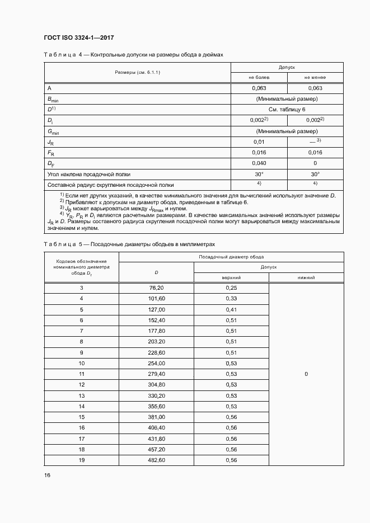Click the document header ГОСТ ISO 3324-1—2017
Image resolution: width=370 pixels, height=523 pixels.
tap(78, 37)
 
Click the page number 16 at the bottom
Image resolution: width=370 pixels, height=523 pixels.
tap(47, 475)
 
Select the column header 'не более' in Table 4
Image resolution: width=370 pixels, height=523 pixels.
tap(259, 77)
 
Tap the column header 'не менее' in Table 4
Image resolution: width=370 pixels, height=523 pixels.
tap(315, 77)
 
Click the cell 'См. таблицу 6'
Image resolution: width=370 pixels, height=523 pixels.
tap(287, 110)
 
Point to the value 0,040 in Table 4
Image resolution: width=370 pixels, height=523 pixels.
tap(259, 163)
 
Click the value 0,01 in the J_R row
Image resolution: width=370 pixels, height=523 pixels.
tap(259, 142)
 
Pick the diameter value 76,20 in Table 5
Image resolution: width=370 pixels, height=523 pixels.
tap(156, 288)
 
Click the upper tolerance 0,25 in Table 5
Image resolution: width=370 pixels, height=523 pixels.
tap(231, 288)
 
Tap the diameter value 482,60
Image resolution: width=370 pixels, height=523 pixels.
tap(156, 460)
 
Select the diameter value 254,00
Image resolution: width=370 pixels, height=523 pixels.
tap(156, 363)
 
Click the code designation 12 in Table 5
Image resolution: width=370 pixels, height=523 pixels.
tap(81, 384)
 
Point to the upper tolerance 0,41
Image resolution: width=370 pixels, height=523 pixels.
tap(231, 309)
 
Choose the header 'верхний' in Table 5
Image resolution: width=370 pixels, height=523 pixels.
tap(231, 277)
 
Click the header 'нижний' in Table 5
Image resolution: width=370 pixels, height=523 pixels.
tap(306, 277)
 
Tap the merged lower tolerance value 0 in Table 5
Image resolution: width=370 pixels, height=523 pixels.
tap(306, 374)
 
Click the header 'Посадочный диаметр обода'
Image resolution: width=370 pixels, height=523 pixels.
tap(231, 256)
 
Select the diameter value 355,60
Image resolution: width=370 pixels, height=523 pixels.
tap(156, 406)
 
